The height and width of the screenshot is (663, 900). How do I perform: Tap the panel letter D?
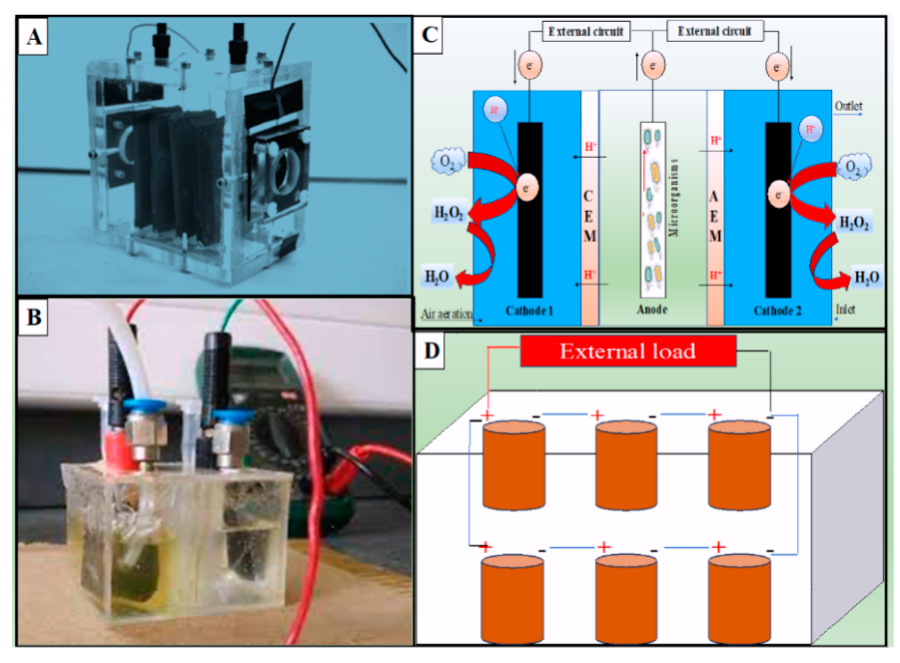point(431,351)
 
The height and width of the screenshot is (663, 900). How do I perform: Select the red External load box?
point(628,351)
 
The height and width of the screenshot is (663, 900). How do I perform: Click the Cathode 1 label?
point(529,311)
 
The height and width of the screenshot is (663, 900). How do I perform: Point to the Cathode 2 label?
point(777,311)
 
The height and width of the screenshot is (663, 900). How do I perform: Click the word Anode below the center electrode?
point(652,309)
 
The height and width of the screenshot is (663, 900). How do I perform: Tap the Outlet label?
point(848,106)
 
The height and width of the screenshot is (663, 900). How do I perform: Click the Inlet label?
point(845,309)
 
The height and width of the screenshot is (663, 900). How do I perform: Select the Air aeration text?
point(446,314)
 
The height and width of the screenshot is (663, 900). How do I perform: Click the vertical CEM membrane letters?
point(589,216)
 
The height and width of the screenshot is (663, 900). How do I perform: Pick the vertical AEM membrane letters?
point(715,216)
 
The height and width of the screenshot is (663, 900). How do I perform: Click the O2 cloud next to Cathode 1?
point(448,162)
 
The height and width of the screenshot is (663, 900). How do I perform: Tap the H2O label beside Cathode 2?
point(866,277)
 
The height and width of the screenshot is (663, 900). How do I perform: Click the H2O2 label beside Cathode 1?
point(449,212)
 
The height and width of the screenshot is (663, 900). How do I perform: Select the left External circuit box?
point(586,32)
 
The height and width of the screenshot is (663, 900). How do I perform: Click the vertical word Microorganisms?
point(673,198)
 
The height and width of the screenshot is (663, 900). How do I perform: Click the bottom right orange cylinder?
point(739,598)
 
